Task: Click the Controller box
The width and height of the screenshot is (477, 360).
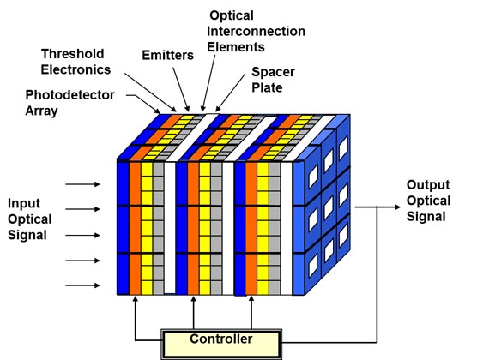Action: pyautogui.click(x=221, y=344)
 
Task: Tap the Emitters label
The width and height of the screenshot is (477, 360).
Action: pyautogui.click(x=168, y=56)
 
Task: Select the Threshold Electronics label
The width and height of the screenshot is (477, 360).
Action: pyautogui.click(x=75, y=62)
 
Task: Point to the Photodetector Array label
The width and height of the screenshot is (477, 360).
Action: pyautogui.click(x=70, y=103)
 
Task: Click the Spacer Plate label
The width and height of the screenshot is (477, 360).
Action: pyautogui.click(x=273, y=80)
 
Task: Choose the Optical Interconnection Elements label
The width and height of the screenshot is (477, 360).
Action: pyautogui.click(x=257, y=32)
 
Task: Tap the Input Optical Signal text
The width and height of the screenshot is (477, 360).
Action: pyautogui.click(x=29, y=219)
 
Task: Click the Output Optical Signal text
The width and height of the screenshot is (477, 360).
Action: pyautogui.click(x=428, y=201)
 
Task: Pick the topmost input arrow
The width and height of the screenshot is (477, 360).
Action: pyautogui.click(x=82, y=184)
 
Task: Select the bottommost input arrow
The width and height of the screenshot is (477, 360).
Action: pyautogui.click(x=82, y=285)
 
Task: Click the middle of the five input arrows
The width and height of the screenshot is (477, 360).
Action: pyautogui.click(x=82, y=236)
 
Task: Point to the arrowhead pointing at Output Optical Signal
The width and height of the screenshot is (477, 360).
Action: pyautogui.click(x=397, y=207)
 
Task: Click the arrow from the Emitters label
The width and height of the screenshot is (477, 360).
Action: pyautogui.click(x=181, y=89)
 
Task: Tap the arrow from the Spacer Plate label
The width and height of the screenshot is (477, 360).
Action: pyautogui.click(x=230, y=93)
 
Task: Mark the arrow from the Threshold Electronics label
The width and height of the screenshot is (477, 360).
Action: pyautogui.click(x=150, y=93)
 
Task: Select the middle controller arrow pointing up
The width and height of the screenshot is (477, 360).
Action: pyautogui.click(x=193, y=313)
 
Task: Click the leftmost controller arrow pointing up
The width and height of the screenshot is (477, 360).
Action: pyautogui.click(x=136, y=318)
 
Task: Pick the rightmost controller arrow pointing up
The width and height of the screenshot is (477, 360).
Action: pyautogui.click(x=251, y=313)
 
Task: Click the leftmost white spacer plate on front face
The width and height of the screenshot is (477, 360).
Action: pyautogui.click(x=170, y=228)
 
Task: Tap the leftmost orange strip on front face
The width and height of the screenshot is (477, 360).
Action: pyautogui.click(x=135, y=228)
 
